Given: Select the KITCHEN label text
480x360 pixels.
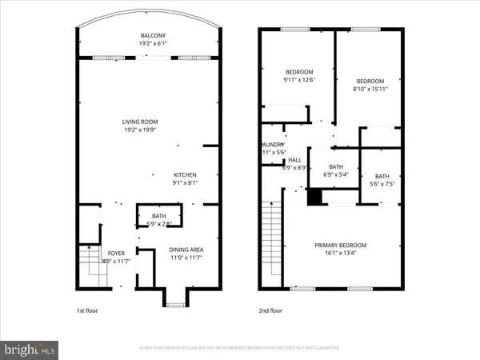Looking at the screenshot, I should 186,175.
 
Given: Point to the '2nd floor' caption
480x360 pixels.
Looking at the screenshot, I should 270,310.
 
